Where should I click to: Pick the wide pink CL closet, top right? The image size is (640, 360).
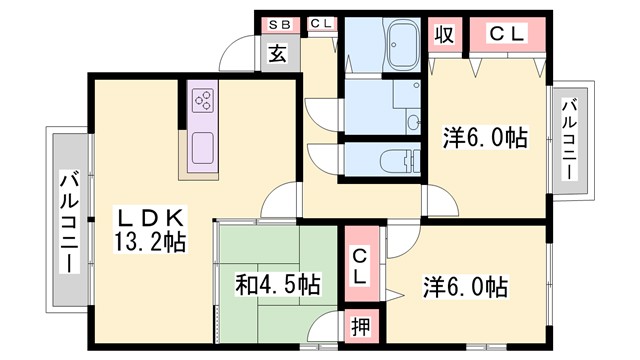point(507,34)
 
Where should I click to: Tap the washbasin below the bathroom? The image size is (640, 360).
point(412,119)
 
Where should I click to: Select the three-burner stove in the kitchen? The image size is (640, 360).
point(203,101)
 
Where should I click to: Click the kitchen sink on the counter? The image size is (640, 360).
point(203,147)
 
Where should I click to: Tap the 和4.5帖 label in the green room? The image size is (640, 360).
point(279,286)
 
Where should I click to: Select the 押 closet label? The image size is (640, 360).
point(361,326)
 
